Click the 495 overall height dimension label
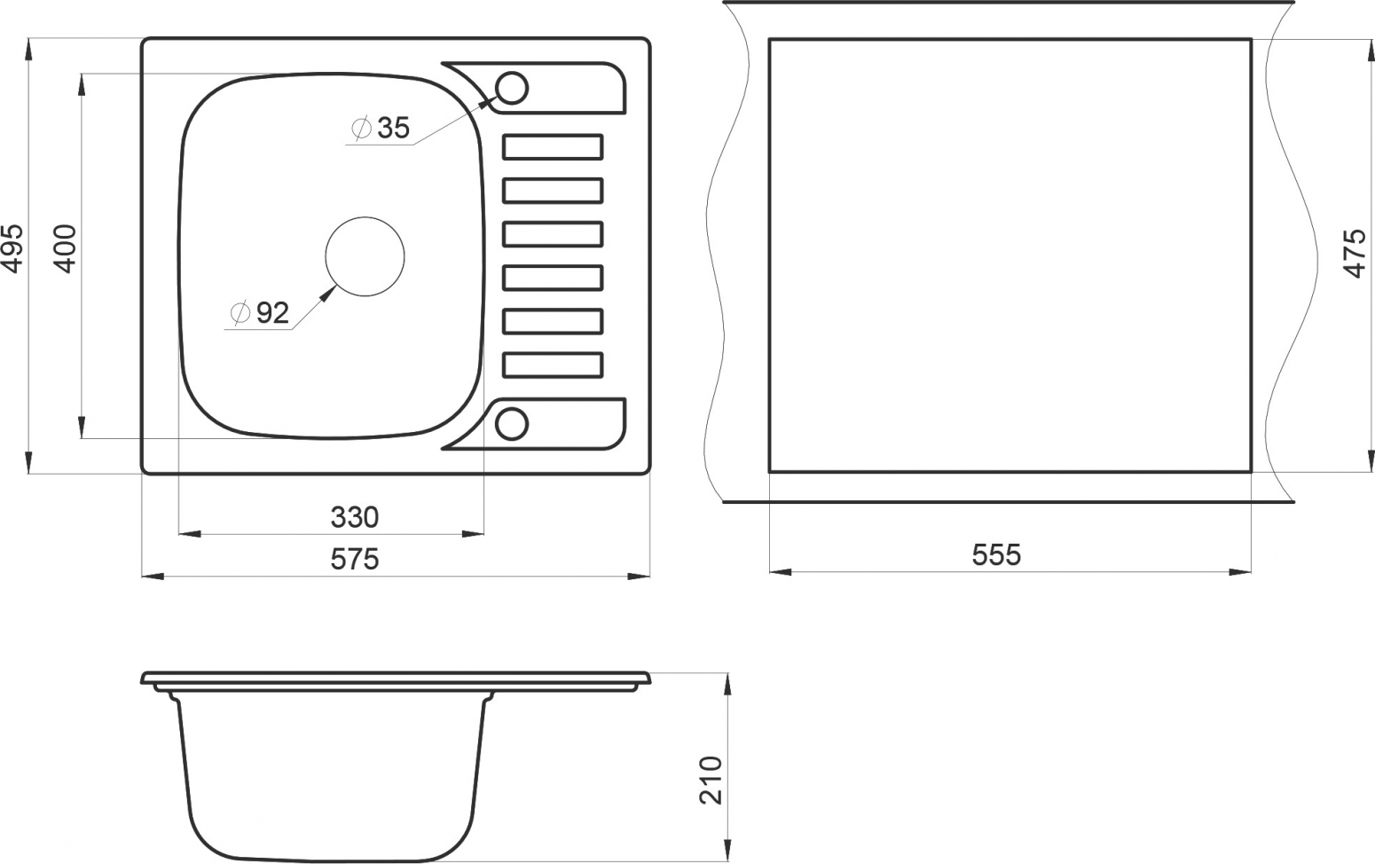pos(13,247)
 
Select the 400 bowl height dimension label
pos(66,248)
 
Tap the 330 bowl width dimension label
pos(355,517)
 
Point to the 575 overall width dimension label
pos(355,559)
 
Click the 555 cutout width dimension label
pos(996,554)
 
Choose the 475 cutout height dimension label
pos(1355,253)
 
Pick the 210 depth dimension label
pos(711,780)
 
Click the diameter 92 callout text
pos(260,313)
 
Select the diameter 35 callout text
pos(381,128)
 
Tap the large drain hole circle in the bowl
pos(365,217)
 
